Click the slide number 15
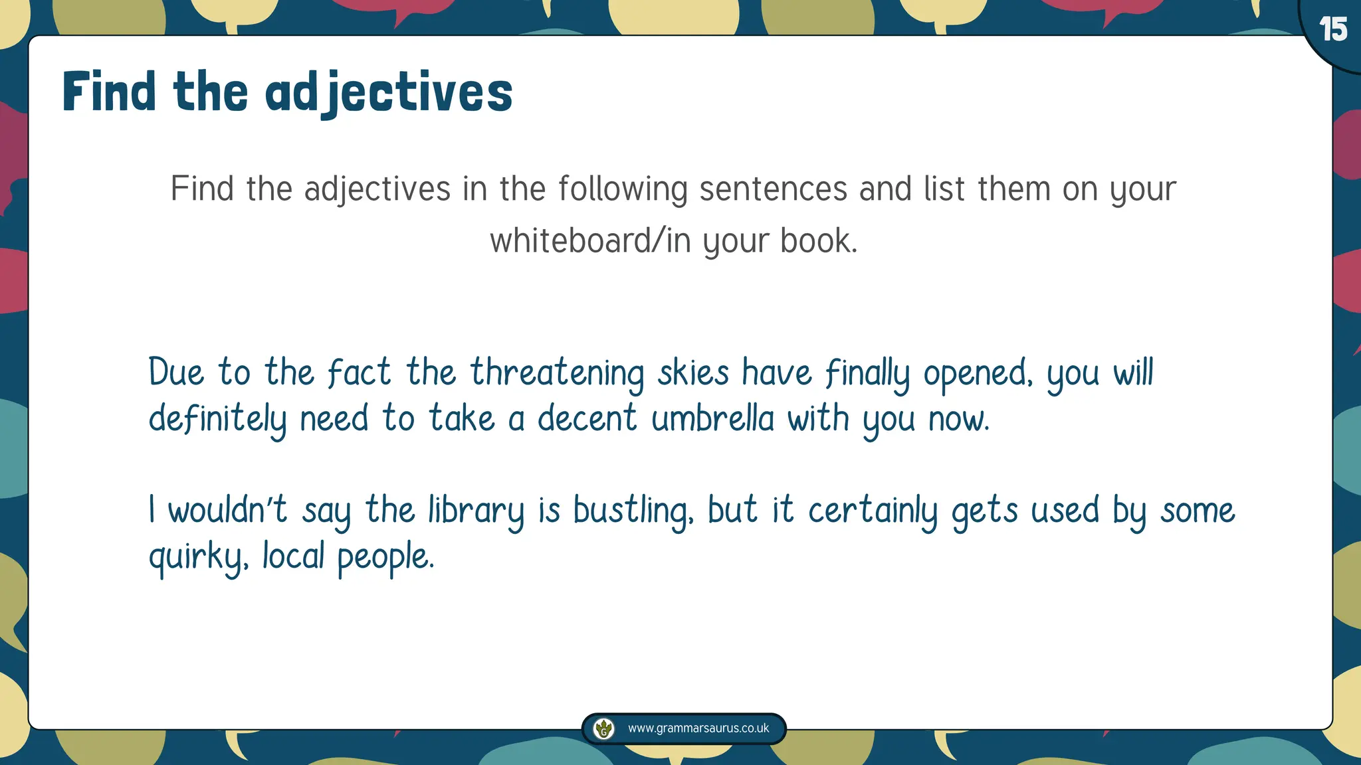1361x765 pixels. [x=1333, y=30]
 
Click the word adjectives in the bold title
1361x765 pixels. [x=389, y=93]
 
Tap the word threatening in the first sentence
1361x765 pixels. [x=557, y=373]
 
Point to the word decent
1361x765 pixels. [x=587, y=419]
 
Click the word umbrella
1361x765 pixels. [x=712, y=419]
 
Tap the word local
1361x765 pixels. [x=293, y=556]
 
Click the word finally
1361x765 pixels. [x=867, y=374]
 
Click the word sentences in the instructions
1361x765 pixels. [x=774, y=189]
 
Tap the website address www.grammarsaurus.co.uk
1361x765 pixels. [x=698, y=728]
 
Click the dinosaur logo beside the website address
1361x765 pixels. [x=603, y=728]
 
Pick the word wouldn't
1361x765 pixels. [x=227, y=511]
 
